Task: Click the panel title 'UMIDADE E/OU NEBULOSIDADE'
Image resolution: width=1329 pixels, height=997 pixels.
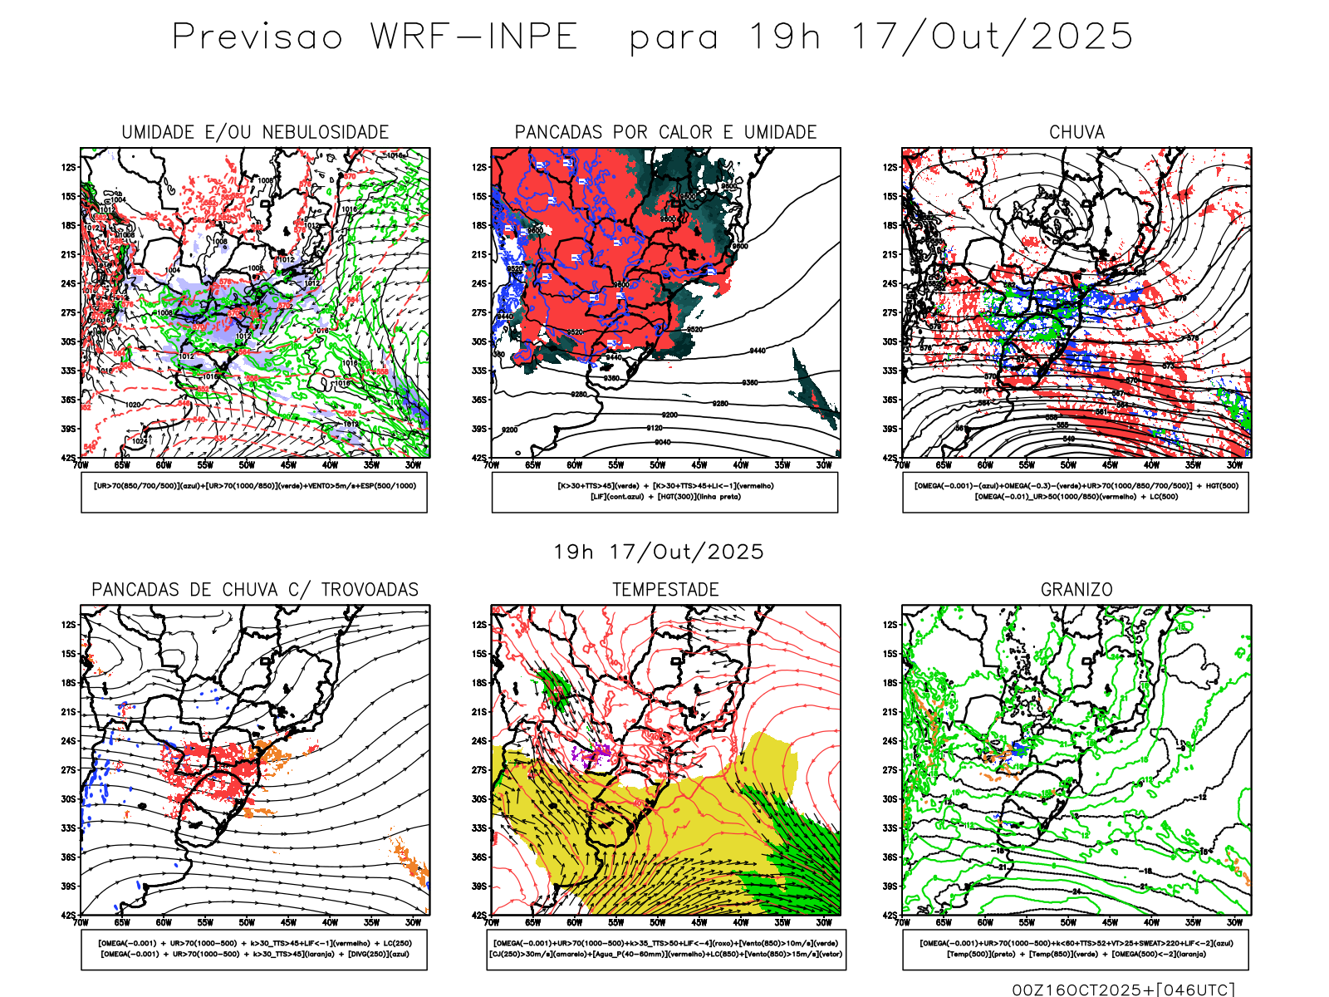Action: [255, 132]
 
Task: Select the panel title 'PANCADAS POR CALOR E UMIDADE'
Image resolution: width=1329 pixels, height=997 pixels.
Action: [665, 132]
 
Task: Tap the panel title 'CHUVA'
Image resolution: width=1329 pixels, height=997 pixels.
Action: [1076, 132]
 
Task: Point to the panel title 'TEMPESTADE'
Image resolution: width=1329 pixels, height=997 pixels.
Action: [665, 590]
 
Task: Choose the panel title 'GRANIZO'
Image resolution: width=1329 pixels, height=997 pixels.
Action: [1076, 590]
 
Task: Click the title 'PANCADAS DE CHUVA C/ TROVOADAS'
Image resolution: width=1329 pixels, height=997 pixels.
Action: [255, 590]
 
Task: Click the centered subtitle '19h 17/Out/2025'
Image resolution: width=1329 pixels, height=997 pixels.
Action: [659, 552]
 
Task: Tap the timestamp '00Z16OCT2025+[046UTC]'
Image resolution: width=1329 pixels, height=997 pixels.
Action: [1123, 990]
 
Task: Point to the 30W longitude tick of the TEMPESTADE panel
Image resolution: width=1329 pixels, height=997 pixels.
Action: [823, 922]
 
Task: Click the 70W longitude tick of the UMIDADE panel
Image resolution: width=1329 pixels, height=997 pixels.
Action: [81, 465]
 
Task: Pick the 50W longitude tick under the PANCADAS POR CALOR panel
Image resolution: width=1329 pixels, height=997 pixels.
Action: [657, 465]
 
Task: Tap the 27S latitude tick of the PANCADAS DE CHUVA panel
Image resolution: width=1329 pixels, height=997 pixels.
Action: [68, 770]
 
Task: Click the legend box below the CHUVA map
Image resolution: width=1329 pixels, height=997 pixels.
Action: [1076, 492]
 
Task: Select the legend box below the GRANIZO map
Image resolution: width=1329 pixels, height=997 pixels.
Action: [1076, 949]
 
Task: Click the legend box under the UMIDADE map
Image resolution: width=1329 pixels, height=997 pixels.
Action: [254, 492]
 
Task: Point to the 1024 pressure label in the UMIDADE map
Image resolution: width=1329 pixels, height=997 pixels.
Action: [140, 441]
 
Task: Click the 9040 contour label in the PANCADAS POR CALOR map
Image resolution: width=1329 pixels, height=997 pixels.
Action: [662, 442]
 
